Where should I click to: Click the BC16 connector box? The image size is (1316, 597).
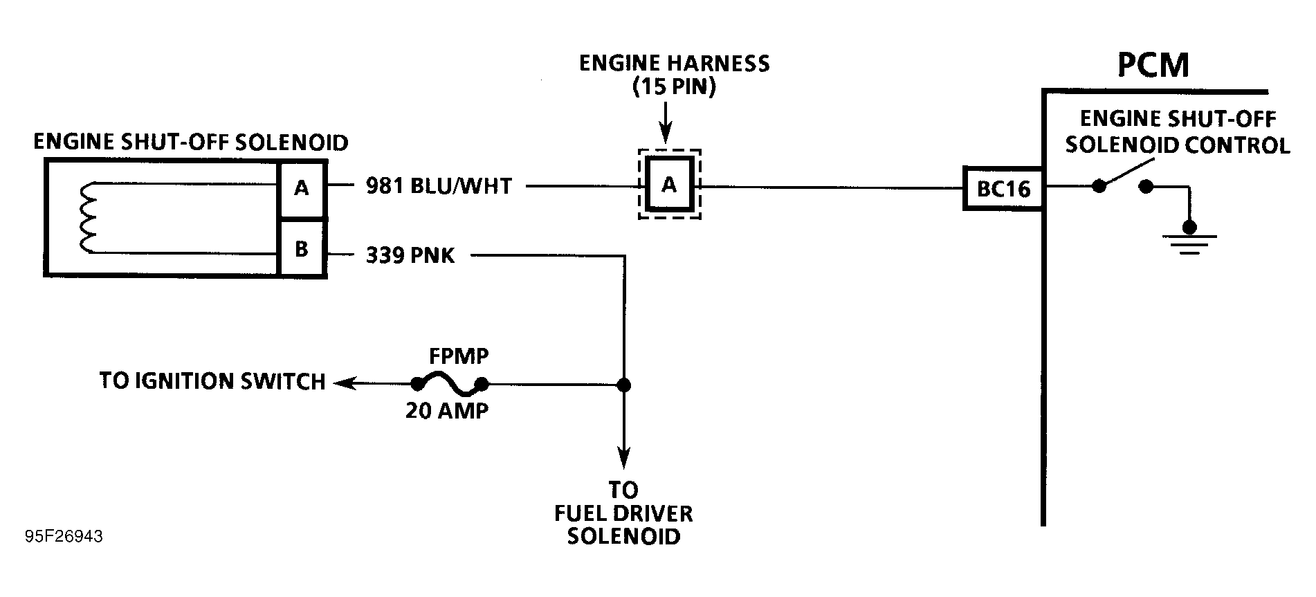tap(1003, 188)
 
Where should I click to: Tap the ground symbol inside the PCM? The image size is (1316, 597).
tap(1189, 241)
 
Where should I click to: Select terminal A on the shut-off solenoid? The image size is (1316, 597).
tap(302, 187)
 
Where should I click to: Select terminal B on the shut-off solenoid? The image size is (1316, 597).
tap(302, 249)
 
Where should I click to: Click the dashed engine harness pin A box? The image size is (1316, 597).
tap(669, 185)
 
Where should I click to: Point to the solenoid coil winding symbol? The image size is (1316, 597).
tap(89, 217)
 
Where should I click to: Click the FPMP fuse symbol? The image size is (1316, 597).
tap(449, 383)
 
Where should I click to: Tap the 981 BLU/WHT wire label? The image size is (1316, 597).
tap(439, 186)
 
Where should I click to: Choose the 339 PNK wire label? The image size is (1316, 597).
tap(410, 255)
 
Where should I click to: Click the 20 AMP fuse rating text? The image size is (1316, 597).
tap(447, 411)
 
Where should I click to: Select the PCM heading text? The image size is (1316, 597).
tap(1153, 65)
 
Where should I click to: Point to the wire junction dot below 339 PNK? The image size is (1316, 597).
tap(623, 385)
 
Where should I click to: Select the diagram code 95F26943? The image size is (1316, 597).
tap(64, 537)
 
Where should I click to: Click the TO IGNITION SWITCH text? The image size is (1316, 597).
tap(212, 381)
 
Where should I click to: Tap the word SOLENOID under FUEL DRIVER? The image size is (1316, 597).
tap(623, 536)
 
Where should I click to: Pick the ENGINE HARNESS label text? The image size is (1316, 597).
tap(674, 64)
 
